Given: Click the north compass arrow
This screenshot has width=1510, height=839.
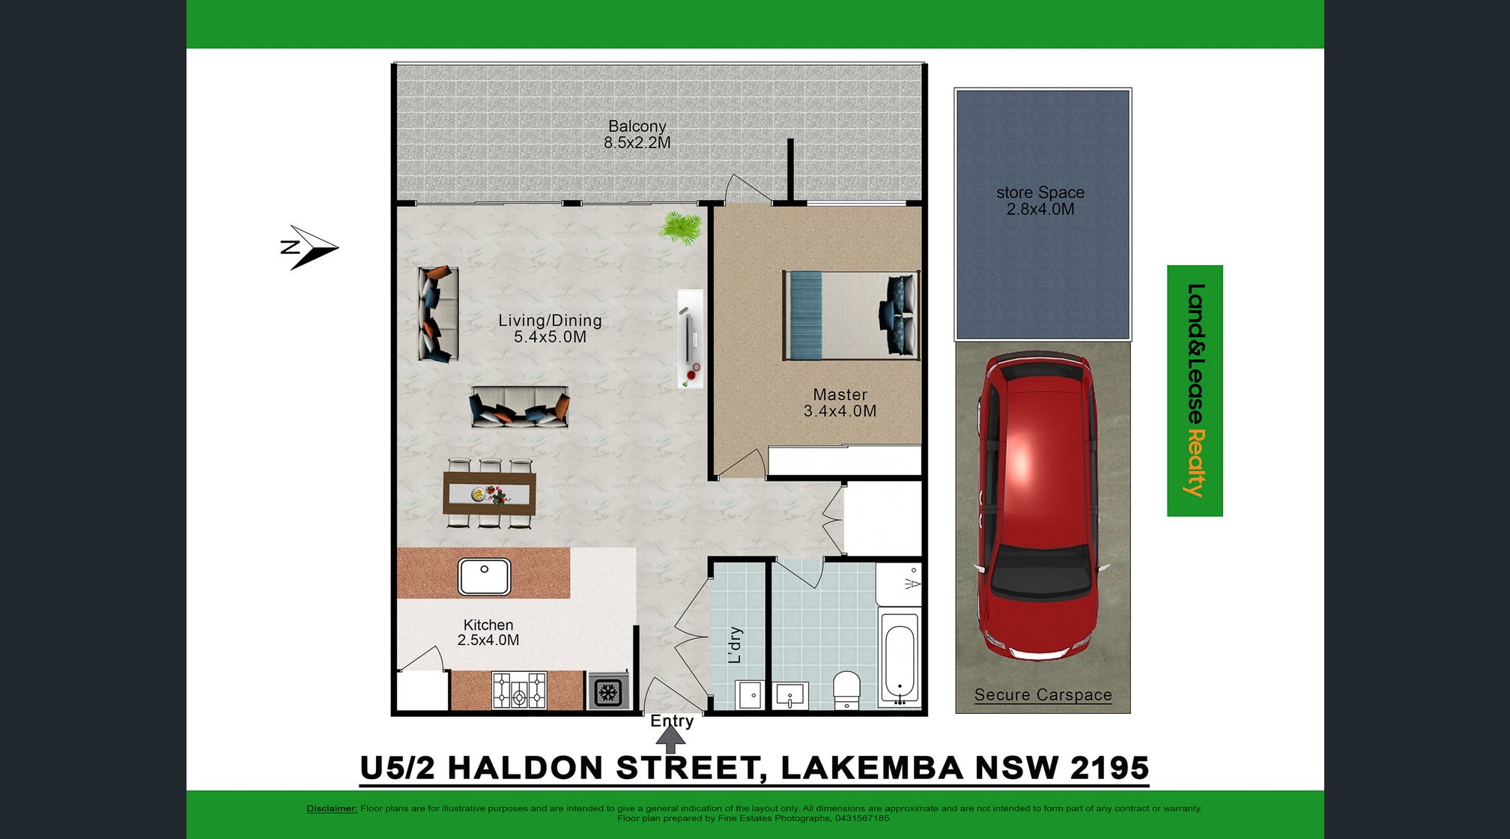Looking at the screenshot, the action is pyautogui.click(x=309, y=247).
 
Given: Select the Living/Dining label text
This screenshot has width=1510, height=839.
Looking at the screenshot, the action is pyautogui.click(x=551, y=321).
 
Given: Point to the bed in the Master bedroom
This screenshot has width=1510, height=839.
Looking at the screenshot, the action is pyautogui.click(x=851, y=315).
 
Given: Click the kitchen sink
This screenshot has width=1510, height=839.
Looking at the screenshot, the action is pyautogui.click(x=485, y=577).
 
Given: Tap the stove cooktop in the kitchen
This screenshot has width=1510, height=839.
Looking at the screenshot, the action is pyautogui.click(x=519, y=690).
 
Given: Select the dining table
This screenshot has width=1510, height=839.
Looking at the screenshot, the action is pyautogui.click(x=489, y=493).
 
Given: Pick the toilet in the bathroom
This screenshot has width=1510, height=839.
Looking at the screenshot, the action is pyautogui.click(x=847, y=689).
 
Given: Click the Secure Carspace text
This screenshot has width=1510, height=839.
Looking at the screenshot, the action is pyautogui.click(x=1043, y=695).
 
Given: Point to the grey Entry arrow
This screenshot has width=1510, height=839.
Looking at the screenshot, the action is pyautogui.click(x=670, y=739).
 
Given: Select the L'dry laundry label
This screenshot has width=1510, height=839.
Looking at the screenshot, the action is pyautogui.click(x=735, y=645).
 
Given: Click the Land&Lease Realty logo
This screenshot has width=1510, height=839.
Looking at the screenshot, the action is pyautogui.click(x=1195, y=390).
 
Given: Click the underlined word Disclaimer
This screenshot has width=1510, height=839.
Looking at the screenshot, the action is pyautogui.click(x=332, y=808).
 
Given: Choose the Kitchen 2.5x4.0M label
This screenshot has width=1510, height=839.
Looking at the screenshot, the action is pyautogui.click(x=488, y=632).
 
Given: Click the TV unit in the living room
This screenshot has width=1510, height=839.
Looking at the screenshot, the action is pyautogui.click(x=691, y=339).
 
